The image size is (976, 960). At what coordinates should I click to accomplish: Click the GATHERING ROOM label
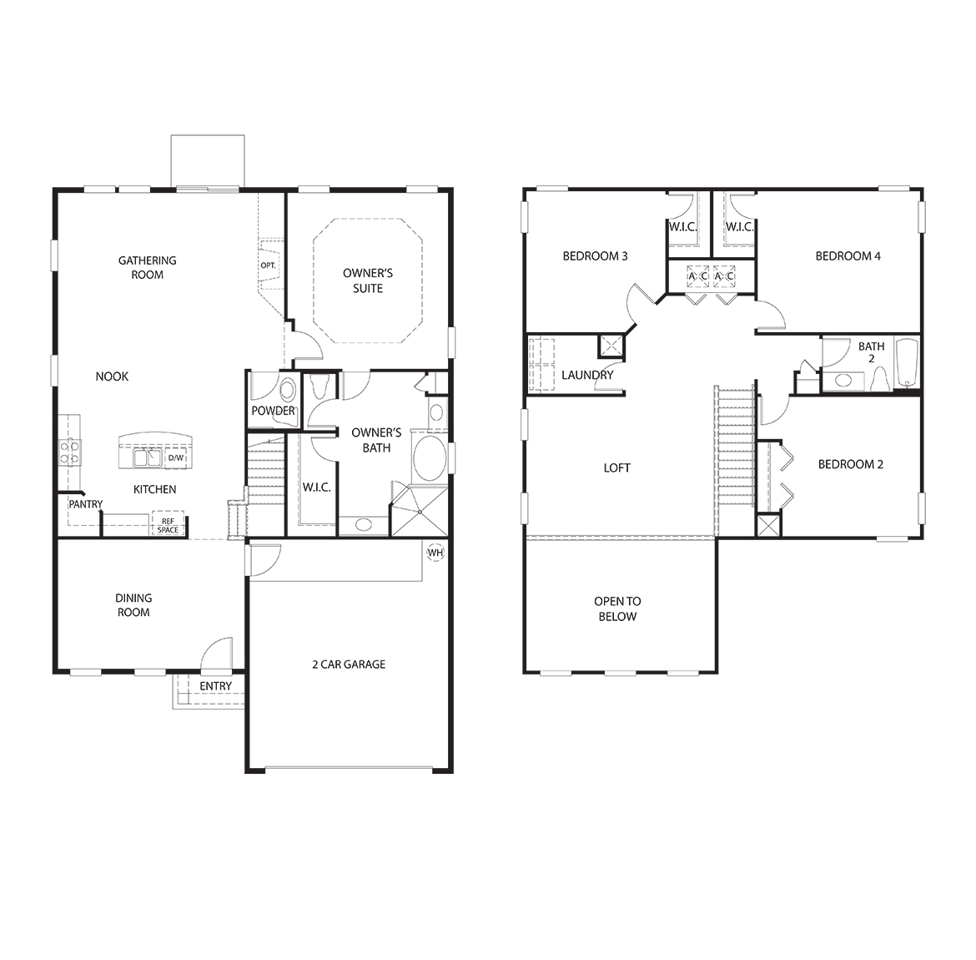pyautogui.click(x=147, y=267)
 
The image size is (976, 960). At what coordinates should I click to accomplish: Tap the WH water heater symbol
pyautogui.click(x=435, y=552)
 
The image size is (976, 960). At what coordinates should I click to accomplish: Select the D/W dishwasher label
pyautogui.click(x=176, y=458)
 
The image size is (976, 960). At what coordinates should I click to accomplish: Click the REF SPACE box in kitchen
pyautogui.click(x=168, y=526)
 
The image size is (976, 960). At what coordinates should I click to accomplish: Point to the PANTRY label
pyautogui.click(x=86, y=504)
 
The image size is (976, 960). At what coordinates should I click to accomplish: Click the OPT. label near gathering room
pyautogui.click(x=268, y=265)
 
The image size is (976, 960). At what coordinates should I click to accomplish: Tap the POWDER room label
pyautogui.click(x=273, y=411)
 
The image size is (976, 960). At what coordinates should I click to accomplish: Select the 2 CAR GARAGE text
pyautogui.click(x=349, y=664)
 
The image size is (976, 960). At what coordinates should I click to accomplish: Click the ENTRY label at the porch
pyautogui.click(x=216, y=686)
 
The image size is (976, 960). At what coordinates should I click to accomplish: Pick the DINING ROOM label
pyautogui.click(x=133, y=605)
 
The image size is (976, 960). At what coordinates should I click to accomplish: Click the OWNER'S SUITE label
pyautogui.click(x=368, y=280)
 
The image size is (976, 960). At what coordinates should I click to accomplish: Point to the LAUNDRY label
pyautogui.click(x=587, y=375)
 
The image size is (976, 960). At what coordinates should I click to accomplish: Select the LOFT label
pyautogui.click(x=617, y=467)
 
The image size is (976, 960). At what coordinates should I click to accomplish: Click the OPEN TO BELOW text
pyautogui.click(x=617, y=609)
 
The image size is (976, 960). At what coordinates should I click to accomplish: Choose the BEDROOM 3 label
pyautogui.click(x=595, y=255)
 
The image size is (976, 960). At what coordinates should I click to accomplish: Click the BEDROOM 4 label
pyautogui.click(x=848, y=255)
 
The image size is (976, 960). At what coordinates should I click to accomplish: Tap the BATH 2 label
pyautogui.click(x=872, y=352)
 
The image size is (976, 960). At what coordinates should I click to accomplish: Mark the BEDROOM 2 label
pyautogui.click(x=850, y=464)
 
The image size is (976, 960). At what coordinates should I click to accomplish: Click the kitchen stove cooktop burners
pyautogui.click(x=68, y=452)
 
